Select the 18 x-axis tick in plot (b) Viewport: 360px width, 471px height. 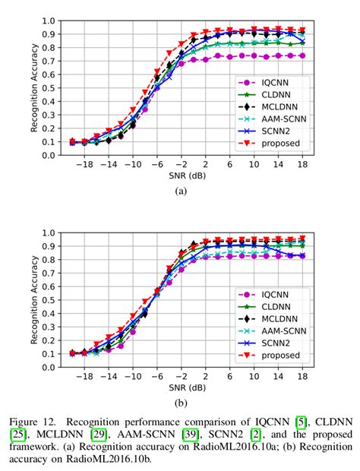tap(302, 377)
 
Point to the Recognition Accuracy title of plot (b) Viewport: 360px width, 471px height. tap(35, 300)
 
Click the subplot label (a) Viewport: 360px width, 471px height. tap(180, 192)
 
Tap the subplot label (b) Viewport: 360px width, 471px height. tap(180, 404)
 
